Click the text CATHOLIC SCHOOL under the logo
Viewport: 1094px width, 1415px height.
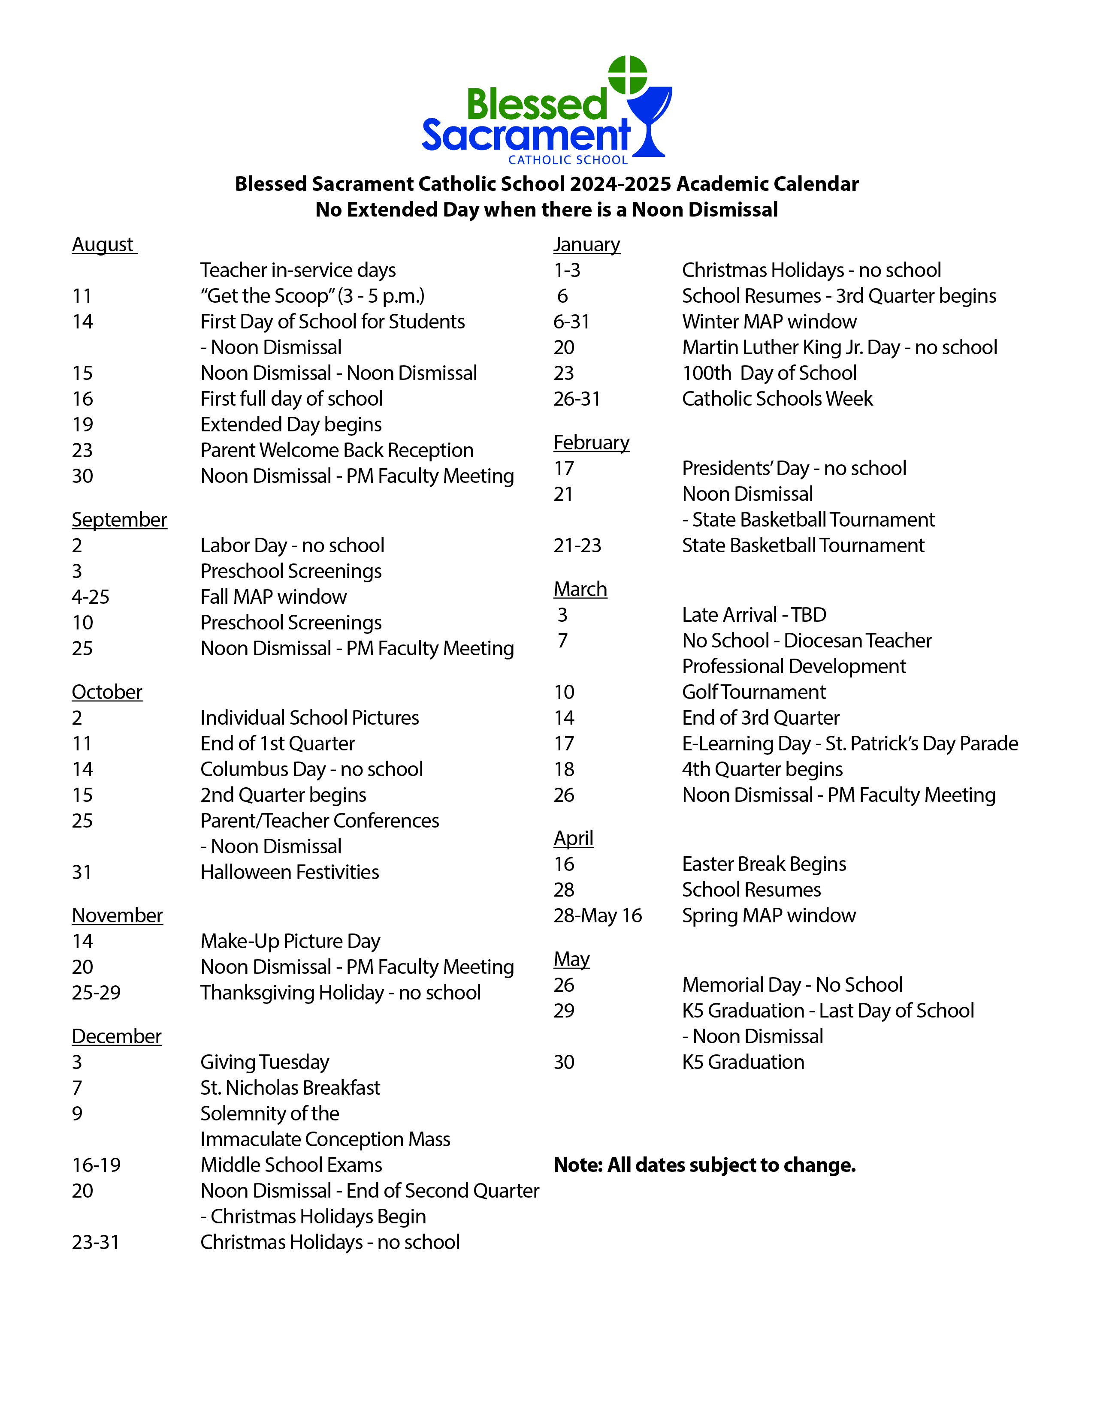(x=568, y=160)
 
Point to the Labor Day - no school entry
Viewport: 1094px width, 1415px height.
(x=292, y=545)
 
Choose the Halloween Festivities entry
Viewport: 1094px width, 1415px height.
(x=289, y=872)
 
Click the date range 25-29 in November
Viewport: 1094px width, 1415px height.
(x=96, y=993)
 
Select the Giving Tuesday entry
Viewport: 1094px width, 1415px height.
(x=264, y=1062)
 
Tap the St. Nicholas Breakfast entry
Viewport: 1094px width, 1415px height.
(x=290, y=1088)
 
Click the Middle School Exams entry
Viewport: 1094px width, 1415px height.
(x=291, y=1165)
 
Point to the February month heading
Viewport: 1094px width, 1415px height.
(x=591, y=443)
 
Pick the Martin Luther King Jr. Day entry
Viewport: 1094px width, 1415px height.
(x=839, y=347)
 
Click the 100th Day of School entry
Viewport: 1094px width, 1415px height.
(x=769, y=373)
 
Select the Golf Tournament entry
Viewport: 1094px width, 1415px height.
(x=754, y=692)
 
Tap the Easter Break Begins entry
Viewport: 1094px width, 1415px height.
(x=764, y=864)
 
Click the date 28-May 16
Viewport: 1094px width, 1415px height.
(x=598, y=915)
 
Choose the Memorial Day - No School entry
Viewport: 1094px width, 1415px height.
(x=792, y=985)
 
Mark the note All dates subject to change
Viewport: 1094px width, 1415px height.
(x=704, y=1165)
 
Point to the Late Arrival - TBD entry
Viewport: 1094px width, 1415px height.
(x=754, y=615)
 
